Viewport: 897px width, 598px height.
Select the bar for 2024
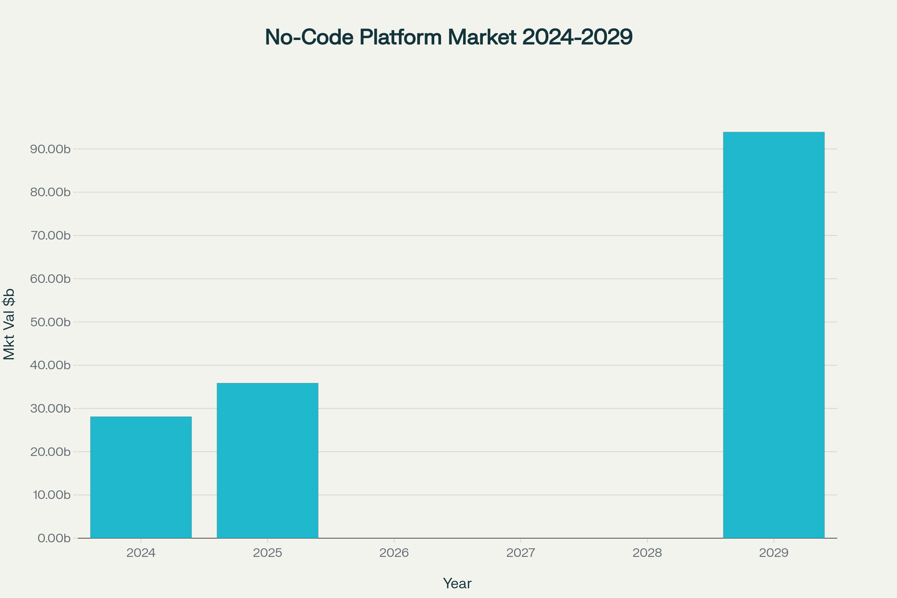click(x=141, y=477)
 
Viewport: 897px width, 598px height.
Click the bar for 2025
click(x=267, y=460)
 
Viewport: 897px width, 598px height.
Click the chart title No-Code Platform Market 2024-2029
click(x=449, y=37)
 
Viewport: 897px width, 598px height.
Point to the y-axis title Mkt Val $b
click(x=9, y=324)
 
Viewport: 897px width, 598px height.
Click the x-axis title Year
click(x=457, y=583)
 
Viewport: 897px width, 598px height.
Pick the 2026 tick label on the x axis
click(x=394, y=553)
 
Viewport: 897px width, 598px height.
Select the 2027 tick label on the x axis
click(x=521, y=553)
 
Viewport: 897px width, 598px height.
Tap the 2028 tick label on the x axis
click(x=647, y=553)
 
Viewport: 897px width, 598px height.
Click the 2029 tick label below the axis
click(x=774, y=553)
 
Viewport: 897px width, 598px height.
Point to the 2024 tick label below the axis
click(x=141, y=553)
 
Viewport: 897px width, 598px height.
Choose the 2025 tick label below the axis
click(x=267, y=553)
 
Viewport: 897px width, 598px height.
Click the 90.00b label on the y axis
click(x=50, y=149)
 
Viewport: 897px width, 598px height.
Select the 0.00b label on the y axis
click(x=54, y=538)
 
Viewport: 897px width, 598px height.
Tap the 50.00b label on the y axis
click(x=50, y=322)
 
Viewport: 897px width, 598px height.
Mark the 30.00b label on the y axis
click(x=50, y=409)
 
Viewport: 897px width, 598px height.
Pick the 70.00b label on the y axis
click(x=50, y=235)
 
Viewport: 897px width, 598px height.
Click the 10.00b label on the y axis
click(x=51, y=495)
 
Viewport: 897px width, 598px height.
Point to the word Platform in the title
click(x=400, y=37)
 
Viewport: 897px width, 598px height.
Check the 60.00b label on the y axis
click(x=50, y=279)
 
